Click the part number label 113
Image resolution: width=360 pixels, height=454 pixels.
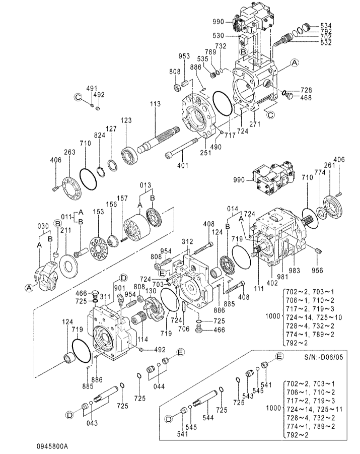click(x=155, y=104)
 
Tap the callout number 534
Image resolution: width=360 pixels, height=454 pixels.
click(x=326, y=25)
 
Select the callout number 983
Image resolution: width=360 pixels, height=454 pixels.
click(x=295, y=271)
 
